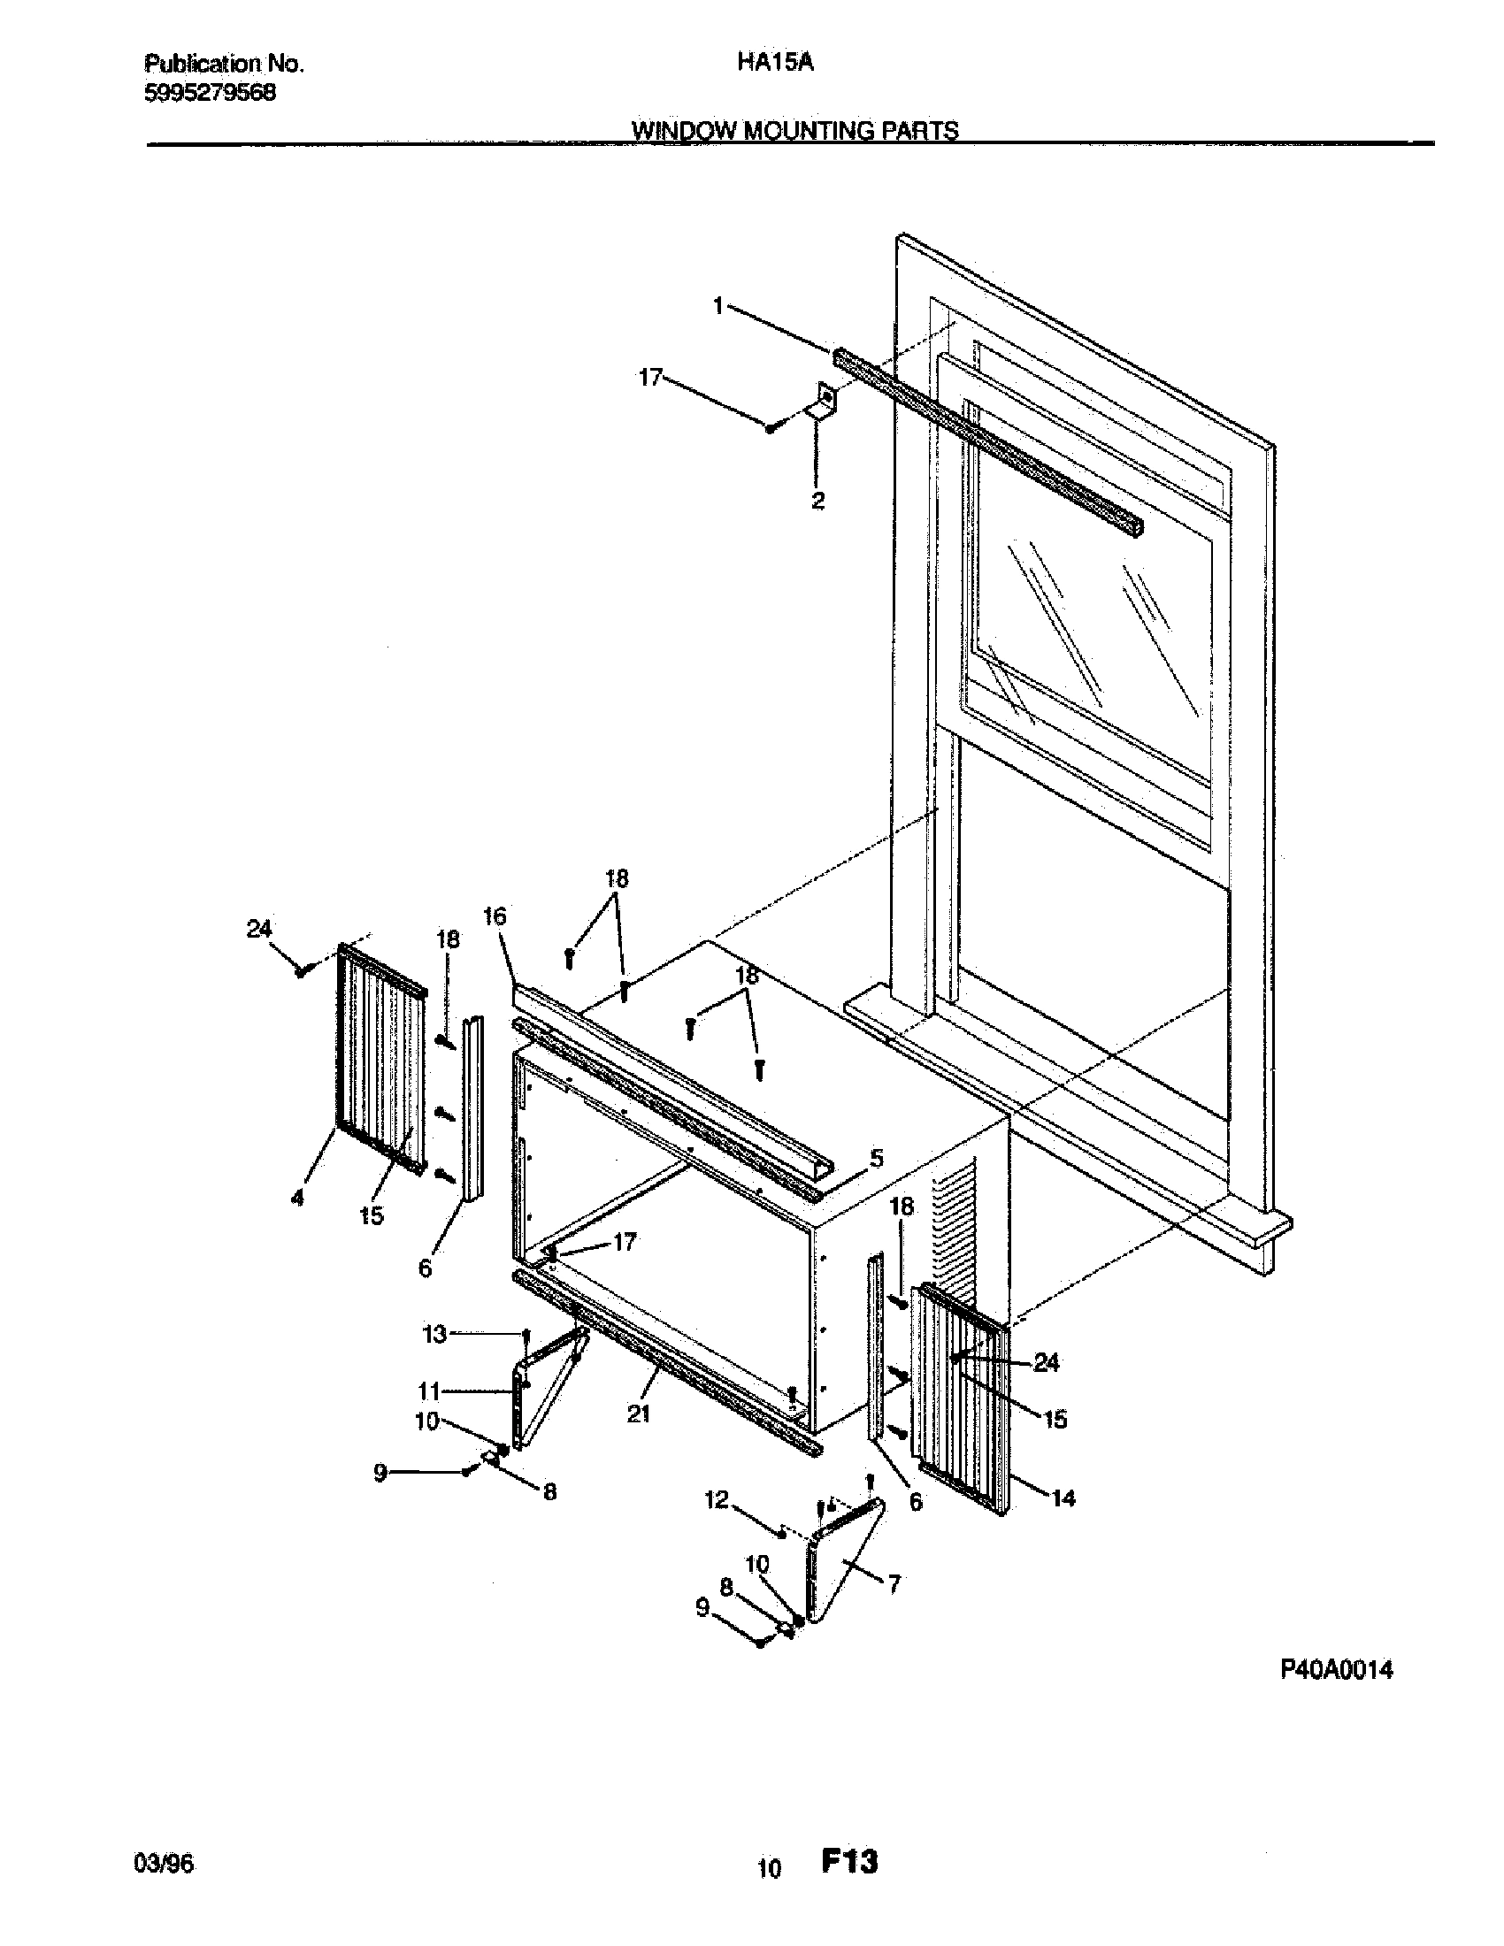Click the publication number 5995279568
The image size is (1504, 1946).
coord(210,93)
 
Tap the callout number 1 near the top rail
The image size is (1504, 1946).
coord(718,307)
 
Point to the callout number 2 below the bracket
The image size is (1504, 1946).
coord(817,500)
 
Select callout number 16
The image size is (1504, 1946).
coord(495,916)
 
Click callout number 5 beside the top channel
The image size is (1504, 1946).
coord(877,1159)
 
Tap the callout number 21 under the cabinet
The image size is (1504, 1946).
coord(638,1414)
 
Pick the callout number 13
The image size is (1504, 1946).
coord(434,1334)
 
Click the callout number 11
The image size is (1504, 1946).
coord(429,1390)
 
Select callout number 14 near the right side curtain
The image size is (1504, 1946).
coord(1063,1498)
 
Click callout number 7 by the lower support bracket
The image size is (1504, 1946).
coord(894,1583)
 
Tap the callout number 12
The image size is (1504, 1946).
coord(717,1500)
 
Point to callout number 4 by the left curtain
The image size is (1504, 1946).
coord(297,1199)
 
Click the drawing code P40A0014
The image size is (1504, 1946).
coord(1337,1670)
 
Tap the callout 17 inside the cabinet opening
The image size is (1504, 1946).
coord(625,1241)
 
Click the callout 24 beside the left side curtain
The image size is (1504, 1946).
coord(258,929)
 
